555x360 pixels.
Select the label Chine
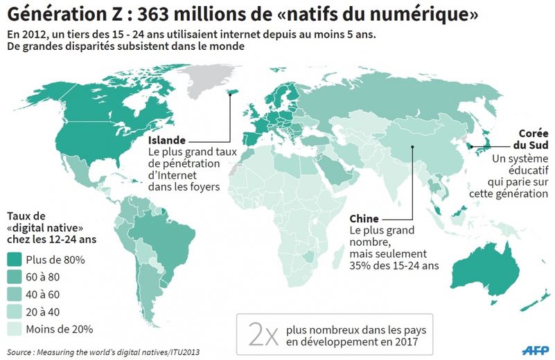coord(364,218)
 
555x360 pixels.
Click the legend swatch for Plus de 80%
coord(14,260)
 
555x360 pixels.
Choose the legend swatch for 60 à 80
coord(14,277)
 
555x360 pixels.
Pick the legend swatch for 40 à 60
coord(14,294)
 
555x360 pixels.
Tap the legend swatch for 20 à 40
coord(14,312)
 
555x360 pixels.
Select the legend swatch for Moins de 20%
coord(14,329)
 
